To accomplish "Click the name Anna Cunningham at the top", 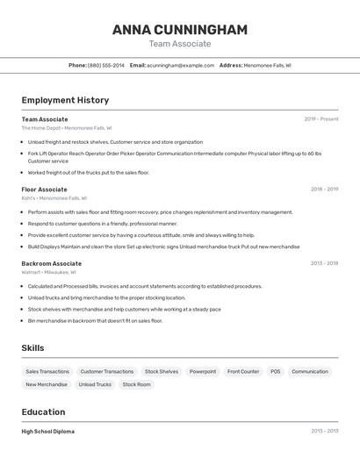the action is [x=180, y=30].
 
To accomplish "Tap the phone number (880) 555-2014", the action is [x=106, y=65].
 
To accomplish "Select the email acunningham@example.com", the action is [x=181, y=65].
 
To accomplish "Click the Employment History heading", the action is [x=65, y=100].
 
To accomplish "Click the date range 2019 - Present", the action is [x=321, y=119].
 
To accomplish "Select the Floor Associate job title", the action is [x=44, y=190].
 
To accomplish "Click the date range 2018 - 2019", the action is [x=324, y=190].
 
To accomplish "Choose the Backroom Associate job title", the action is [x=51, y=263].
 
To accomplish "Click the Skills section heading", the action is [x=32, y=348].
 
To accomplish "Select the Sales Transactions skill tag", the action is [x=47, y=371].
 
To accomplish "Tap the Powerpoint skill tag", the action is [x=203, y=371].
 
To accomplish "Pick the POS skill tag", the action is [x=275, y=371].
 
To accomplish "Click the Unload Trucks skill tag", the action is [x=95, y=384].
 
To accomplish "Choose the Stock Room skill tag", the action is [x=136, y=384].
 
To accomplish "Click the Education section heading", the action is [x=43, y=411].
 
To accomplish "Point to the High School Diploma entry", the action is [x=48, y=432].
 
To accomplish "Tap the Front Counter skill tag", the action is [x=243, y=371].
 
